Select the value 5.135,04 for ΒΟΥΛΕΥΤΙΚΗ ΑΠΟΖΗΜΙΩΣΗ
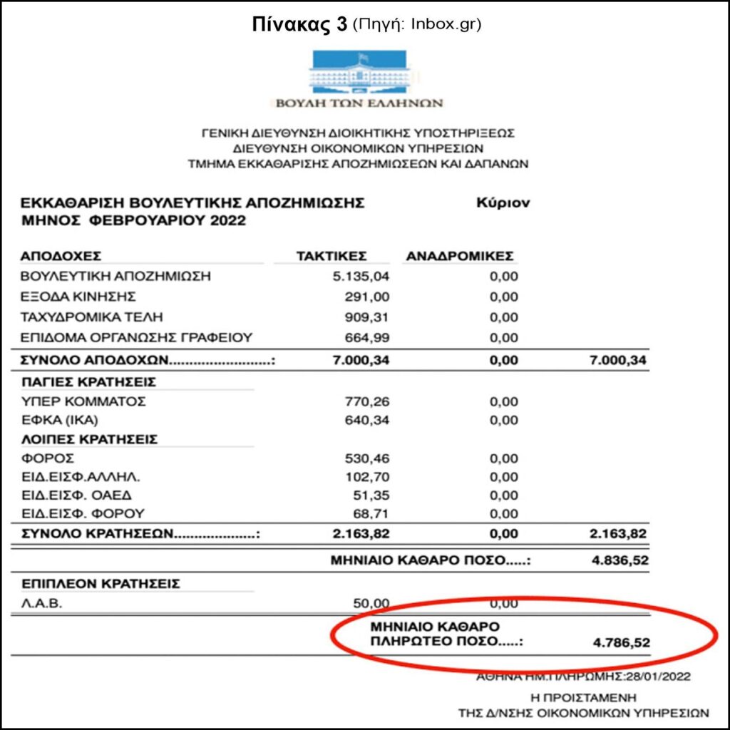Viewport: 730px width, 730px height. pyautogui.click(x=361, y=277)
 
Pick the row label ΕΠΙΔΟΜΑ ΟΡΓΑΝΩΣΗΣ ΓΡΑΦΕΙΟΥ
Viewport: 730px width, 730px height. pyautogui.click(x=137, y=336)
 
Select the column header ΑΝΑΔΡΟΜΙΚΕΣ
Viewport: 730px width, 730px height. pyautogui.click(x=460, y=256)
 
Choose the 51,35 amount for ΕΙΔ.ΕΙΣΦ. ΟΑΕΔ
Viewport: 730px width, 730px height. pyautogui.click(x=373, y=495)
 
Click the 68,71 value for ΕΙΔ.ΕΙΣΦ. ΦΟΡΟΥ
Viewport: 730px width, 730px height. pyautogui.click(x=373, y=513)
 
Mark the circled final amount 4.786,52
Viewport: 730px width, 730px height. pyautogui.click(x=621, y=643)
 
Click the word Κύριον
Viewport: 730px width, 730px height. pyautogui.click(x=503, y=203)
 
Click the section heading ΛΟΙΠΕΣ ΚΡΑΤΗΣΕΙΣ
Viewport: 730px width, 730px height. pyautogui.click(x=89, y=439)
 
